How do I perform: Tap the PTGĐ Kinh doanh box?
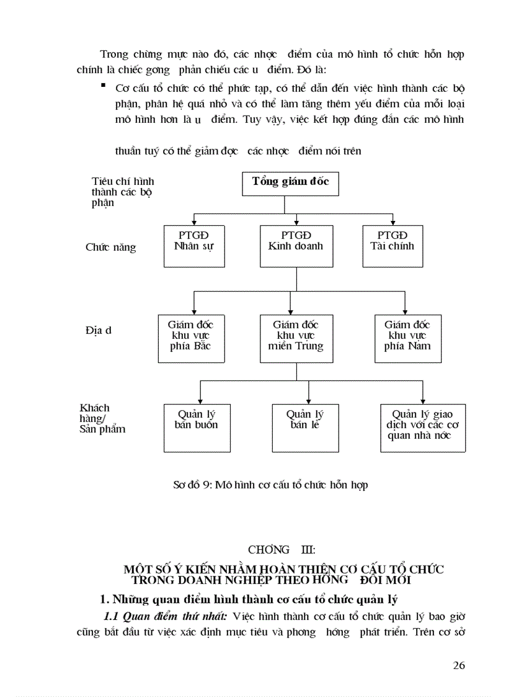point(296,246)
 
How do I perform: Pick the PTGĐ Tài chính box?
point(393,246)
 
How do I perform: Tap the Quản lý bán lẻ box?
point(304,428)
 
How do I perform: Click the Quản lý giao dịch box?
point(422,428)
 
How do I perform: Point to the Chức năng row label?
point(110,247)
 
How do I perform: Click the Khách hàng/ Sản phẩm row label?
point(102,418)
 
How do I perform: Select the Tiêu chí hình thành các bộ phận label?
point(122,192)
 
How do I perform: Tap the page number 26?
point(459,665)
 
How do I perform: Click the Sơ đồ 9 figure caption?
point(270,485)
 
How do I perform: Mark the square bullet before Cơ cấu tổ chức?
point(103,86)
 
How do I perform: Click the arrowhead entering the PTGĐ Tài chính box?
point(393,222)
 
